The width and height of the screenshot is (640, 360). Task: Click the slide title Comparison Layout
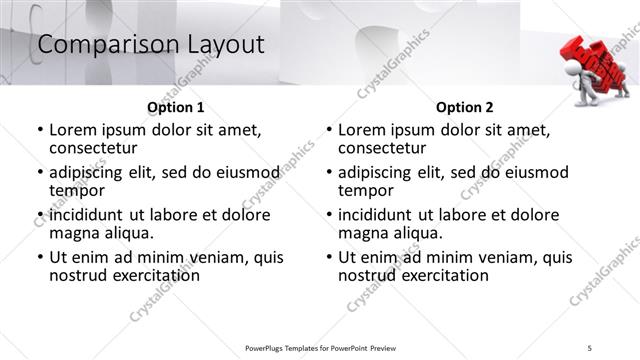click(x=150, y=45)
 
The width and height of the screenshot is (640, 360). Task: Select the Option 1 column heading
click(x=176, y=107)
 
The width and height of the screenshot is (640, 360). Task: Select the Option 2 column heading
click(x=465, y=107)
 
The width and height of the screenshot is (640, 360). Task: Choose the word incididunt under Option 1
click(x=88, y=215)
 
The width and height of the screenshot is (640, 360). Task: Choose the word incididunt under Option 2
click(x=377, y=215)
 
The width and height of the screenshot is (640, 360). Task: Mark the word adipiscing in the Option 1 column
click(x=90, y=172)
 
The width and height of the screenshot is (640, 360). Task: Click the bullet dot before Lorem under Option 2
click(x=329, y=130)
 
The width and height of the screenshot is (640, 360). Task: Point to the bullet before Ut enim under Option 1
click(x=40, y=258)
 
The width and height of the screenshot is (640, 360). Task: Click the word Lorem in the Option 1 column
click(x=72, y=130)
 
